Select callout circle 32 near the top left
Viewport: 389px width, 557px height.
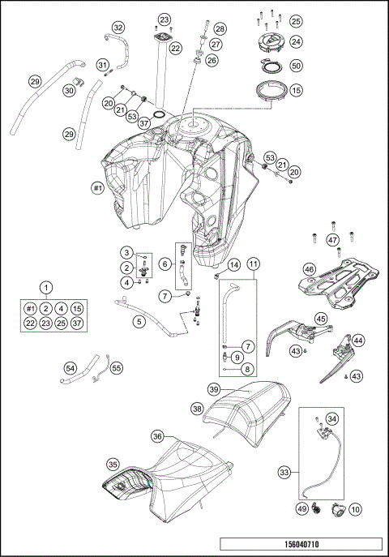pos(118,28)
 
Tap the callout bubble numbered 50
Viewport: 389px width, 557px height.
pos(296,65)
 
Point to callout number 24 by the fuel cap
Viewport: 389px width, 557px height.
pos(296,41)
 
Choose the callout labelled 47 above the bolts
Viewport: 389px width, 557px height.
pos(332,240)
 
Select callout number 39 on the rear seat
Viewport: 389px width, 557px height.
pos(213,390)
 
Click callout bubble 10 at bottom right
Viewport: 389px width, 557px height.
pos(356,509)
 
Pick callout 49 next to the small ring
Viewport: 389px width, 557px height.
pos(302,509)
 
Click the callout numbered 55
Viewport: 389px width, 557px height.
pos(117,367)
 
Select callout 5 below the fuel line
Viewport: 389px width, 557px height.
pos(139,322)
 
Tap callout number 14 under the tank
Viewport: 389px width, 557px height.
pos(233,264)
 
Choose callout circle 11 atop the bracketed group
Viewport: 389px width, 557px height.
pos(254,264)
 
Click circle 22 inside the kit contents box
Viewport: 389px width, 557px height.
pos(30,323)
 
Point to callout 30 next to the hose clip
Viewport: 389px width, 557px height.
pos(68,92)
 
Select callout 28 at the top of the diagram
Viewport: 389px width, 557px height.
pos(219,28)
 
